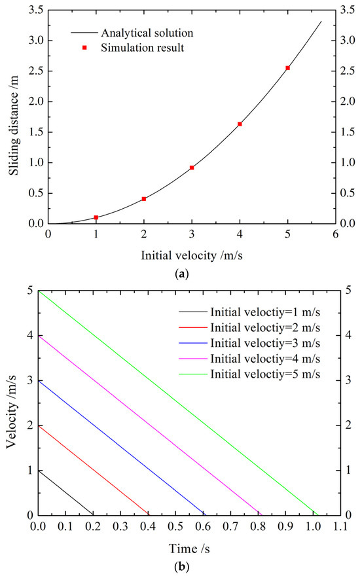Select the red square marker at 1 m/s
(x=96, y=217)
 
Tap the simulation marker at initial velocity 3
(x=192, y=168)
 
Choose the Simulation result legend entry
(x=147, y=48)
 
